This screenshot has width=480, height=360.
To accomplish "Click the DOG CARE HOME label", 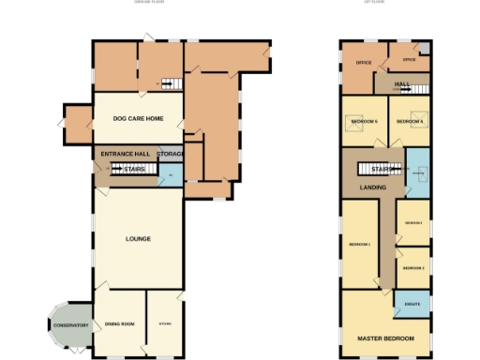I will click(138, 119).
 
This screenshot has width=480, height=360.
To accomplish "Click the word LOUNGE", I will click(138, 239).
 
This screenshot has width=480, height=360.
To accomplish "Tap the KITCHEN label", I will click(164, 324).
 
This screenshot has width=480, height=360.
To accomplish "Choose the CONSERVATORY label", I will click(70, 326).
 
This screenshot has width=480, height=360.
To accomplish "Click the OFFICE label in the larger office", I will click(364, 63).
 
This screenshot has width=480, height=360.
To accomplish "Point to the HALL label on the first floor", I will click(402, 84).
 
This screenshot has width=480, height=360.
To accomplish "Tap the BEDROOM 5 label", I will click(364, 122).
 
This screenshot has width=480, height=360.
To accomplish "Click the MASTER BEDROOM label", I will click(385, 337).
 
